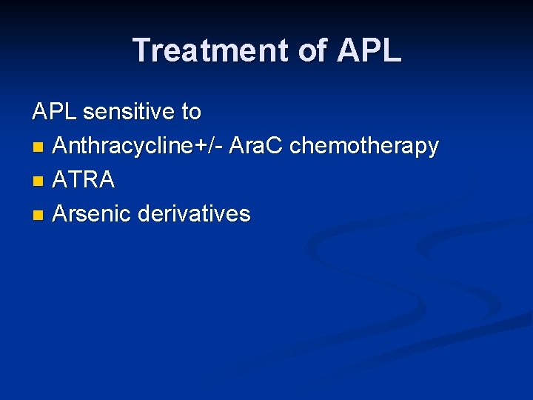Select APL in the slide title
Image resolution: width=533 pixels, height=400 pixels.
369,50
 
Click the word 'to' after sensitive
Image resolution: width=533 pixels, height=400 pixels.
191,112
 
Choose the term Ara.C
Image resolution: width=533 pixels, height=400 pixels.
256,146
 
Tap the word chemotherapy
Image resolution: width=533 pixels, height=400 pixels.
364,146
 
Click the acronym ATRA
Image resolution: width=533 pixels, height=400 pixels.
84,180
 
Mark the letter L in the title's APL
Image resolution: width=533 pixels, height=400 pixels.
392,50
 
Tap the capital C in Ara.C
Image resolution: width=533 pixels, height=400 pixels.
275,146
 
